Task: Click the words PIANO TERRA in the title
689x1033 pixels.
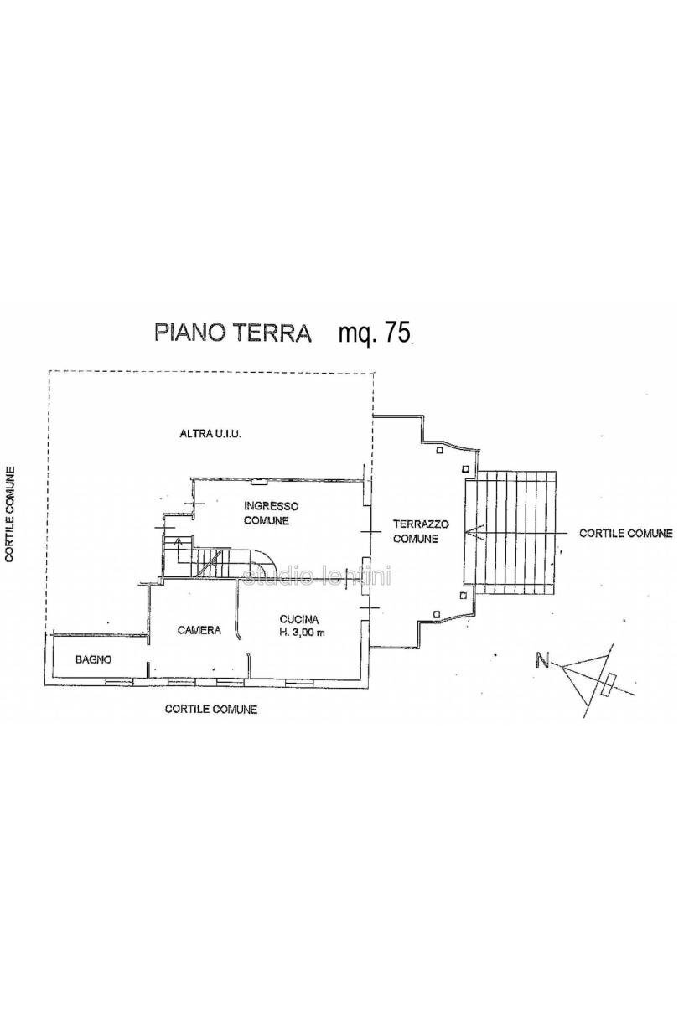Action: click(x=232, y=333)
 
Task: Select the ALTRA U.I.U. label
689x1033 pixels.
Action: click(x=216, y=433)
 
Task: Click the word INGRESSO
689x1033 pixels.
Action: click(x=272, y=506)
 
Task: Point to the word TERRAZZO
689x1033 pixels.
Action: click(x=421, y=524)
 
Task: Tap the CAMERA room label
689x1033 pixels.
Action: click(x=199, y=630)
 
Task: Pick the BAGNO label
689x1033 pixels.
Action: click(x=94, y=659)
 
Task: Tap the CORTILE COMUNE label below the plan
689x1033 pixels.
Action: click(x=210, y=709)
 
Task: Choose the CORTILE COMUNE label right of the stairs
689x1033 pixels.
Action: click(x=625, y=533)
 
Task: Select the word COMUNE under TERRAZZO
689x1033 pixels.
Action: click(x=417, y=539)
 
